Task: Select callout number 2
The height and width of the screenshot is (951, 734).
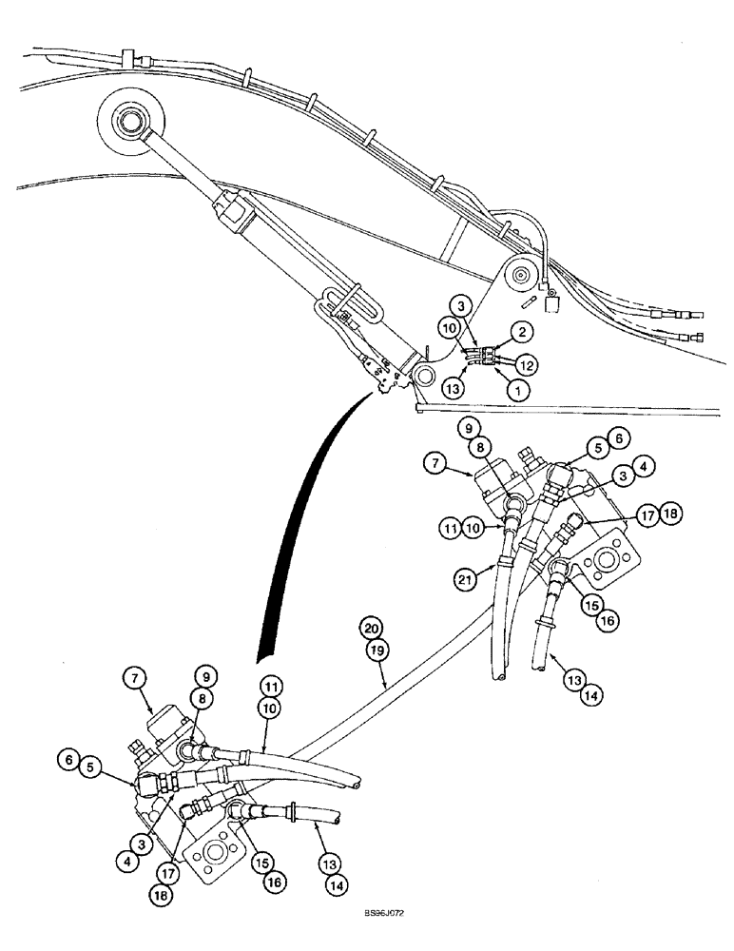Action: pos(521,332)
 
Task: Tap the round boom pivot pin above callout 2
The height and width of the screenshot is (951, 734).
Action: pos(519,277)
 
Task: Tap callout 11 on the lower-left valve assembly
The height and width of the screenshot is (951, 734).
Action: pos(268,688)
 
